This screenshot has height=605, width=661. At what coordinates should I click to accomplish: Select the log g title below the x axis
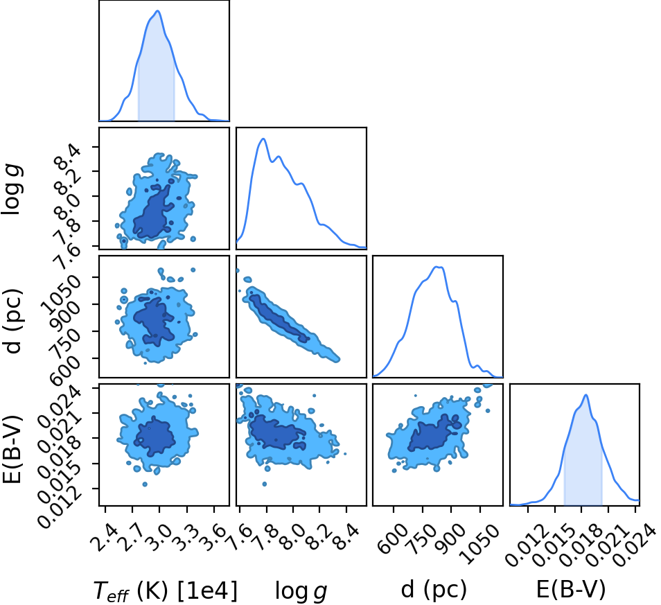coord(301,590)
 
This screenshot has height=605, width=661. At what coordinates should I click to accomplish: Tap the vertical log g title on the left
coord(12,189)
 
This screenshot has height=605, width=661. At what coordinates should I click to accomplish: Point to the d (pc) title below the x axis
coord(434,589)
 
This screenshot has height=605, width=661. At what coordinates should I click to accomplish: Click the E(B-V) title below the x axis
coord(571,589)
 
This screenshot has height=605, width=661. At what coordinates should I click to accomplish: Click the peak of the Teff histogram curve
coord(158,11)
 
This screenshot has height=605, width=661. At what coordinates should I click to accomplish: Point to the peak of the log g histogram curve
coord(263,139)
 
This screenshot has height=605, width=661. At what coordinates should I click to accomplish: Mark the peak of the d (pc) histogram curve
coord(438,267)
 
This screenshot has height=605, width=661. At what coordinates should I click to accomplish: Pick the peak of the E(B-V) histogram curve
coord(586,395)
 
